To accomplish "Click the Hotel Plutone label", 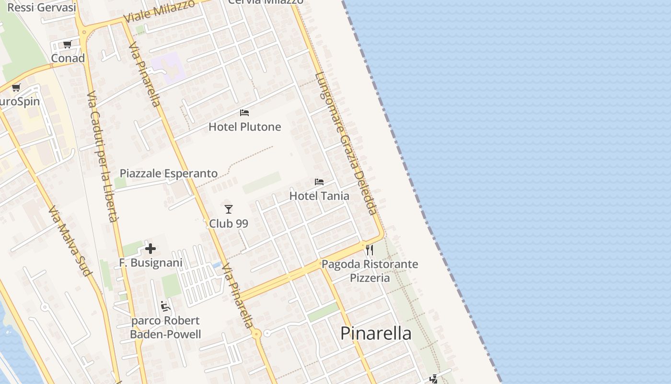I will (x=244, y=127).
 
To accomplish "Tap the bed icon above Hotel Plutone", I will (x=244, y=113).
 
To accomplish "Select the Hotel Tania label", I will (x=319, y=196).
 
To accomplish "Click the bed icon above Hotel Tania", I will (x=319, y=182).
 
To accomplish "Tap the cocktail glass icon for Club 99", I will (x=229, y=209).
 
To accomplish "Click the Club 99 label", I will (x=229, y=223).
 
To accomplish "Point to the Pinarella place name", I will (x=376, y=333).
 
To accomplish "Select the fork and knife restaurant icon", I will (x=370, y=250).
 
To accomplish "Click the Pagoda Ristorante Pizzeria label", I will (x=370, y=271).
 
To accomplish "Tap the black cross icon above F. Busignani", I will (x=150, y=249).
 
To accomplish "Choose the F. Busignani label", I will (x=150, y=263).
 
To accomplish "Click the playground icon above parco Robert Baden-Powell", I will (x=165, y=306).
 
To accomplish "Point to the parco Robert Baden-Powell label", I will (x=165, y=327).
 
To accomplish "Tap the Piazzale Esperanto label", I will (x=168, y=173).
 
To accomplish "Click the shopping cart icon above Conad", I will (x=68, y=45).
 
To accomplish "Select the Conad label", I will (x=68, y=58).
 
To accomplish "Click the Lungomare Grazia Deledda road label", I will (x=346, y=143).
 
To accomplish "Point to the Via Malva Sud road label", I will (x=70, y=241).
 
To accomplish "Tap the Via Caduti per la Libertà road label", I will (x=103, y=156).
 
